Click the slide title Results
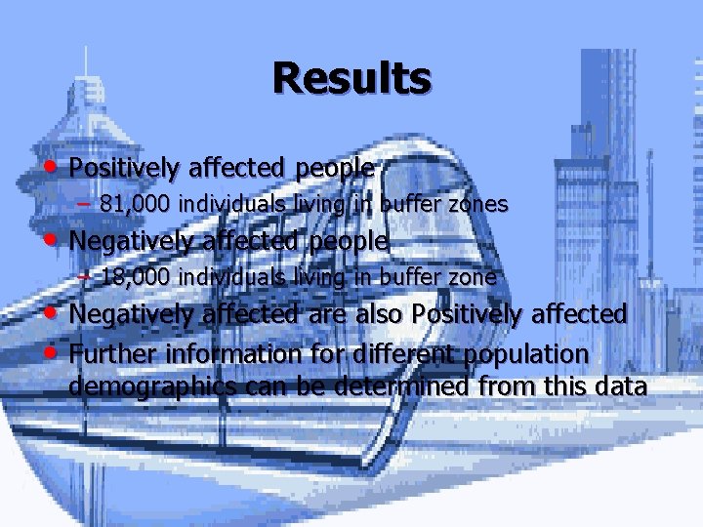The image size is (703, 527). click(351, 78)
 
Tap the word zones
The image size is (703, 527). click(475, 204)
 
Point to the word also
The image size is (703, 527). click(374, 314)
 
